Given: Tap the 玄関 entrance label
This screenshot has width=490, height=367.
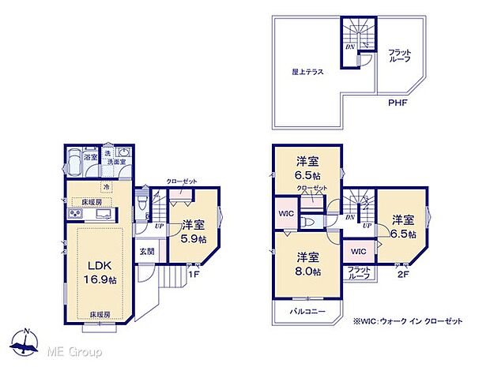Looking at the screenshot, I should (147, 252).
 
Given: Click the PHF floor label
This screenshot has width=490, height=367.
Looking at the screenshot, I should (398, 103).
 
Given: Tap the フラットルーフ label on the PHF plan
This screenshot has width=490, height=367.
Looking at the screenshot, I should (399, 56).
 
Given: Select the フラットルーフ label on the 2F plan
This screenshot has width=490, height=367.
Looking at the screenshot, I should (360, 274).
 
